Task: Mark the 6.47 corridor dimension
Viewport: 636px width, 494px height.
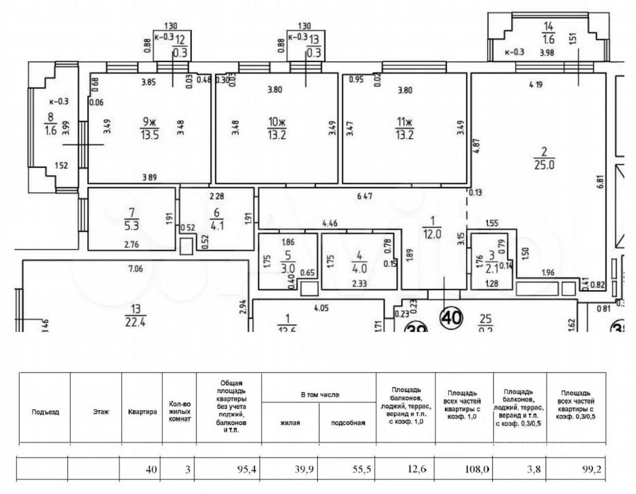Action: click(x=364, y=196)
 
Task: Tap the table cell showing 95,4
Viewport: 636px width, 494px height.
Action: click(x=229, y=469)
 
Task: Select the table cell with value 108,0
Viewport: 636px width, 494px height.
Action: click(x=464, y=469)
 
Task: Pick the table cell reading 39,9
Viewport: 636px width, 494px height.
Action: click(x=290, y=469)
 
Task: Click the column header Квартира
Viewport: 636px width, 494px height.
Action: click(x=142, y=412)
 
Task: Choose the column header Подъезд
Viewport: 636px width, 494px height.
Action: click(x=45, y=412)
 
